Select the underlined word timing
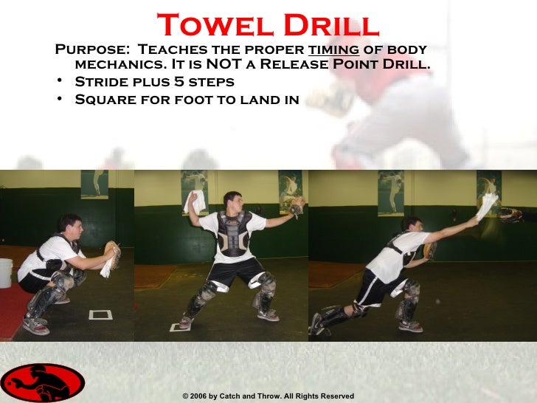338,49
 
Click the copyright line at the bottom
268,396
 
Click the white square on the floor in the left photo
100,314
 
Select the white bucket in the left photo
6,272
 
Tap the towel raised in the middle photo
195,201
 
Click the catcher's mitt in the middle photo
297,206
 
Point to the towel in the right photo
486,206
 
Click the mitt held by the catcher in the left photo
112,251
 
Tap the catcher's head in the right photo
412,226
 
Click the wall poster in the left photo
94,185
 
